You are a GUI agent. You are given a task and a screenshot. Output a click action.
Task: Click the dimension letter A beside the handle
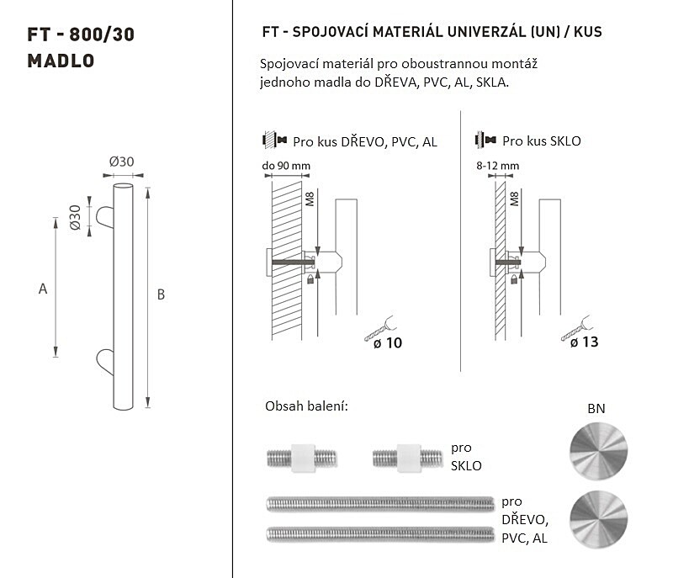[x=43, y=289]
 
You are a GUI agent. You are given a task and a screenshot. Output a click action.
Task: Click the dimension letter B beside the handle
[x=161, y=294]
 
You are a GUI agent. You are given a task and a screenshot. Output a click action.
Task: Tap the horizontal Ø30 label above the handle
[x=121, y=162]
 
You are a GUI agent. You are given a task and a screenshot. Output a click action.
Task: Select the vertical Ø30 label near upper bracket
[x=75, y=217]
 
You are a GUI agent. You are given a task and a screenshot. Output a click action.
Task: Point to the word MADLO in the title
[x=61, y=61]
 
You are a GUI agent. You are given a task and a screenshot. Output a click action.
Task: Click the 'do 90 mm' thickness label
[x=286, y=166]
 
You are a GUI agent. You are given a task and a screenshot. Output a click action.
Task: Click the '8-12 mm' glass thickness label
[x=497, y=166]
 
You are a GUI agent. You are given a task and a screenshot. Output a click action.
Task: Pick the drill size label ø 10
[x=388, y=343]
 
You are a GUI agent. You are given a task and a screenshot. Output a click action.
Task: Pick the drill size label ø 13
[x=584, y=342]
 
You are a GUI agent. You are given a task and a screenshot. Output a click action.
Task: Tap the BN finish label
[x=596, y=409]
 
